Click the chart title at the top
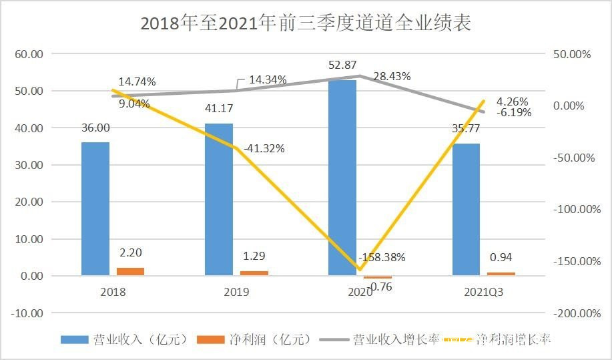coord(306,24)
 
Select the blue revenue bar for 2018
coord(95,208)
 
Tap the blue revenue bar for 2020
coord(342,178)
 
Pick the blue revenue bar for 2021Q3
coord(466,209)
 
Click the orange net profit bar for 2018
coord(130,271)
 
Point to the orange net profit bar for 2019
coord(254,273)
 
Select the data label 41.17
coord(219,108)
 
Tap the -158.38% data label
coord(381,257)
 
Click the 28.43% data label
coord(392,76)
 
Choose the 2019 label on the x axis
coord(236,292)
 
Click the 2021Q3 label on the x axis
coord(484,292)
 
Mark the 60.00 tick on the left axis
coord(29,54)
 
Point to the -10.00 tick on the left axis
coord(27,313)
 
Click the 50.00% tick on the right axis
coord(573,54)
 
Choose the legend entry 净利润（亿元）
coord(255,339)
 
